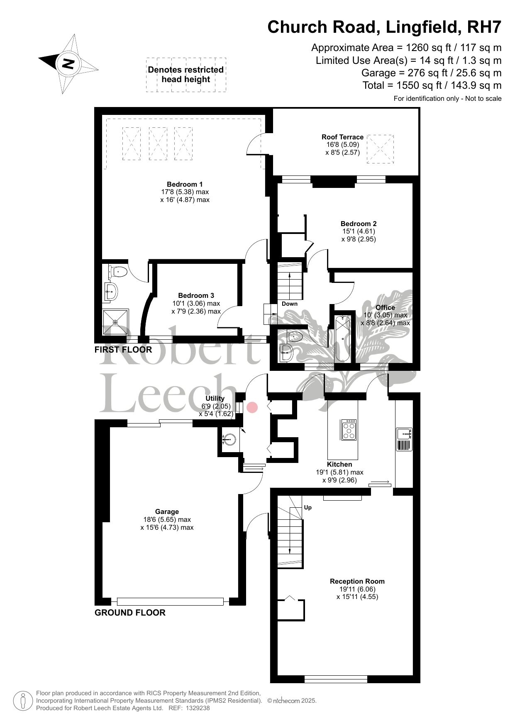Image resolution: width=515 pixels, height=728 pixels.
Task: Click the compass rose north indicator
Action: click(68, 64)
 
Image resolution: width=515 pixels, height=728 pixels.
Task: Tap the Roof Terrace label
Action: click(342, 137)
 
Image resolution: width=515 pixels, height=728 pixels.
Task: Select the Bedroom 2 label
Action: click(359, 224)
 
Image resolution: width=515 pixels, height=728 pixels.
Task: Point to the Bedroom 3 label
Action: click(196, 295)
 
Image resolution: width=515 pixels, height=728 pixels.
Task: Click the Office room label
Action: click(385, 307)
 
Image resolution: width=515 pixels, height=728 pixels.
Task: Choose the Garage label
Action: click(167, 512)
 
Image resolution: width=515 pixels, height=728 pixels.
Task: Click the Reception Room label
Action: click(357, 581)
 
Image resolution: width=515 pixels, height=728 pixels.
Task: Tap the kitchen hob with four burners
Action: click(349, 430)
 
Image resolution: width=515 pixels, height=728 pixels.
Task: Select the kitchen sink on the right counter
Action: click(404, 433)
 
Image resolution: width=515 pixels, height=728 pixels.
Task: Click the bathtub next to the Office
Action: click(342, 338)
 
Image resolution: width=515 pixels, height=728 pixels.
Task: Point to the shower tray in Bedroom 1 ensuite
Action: click(116, 322)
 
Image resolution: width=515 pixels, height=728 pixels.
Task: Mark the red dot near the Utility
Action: click(252, 407)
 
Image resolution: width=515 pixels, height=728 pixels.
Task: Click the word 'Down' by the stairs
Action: click(290, 304)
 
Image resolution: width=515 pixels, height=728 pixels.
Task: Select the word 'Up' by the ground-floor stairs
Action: click(308, 507)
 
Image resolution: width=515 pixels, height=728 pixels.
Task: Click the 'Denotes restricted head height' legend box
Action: click(186, 75)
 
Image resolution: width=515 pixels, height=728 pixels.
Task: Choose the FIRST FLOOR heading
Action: click(123, 350)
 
